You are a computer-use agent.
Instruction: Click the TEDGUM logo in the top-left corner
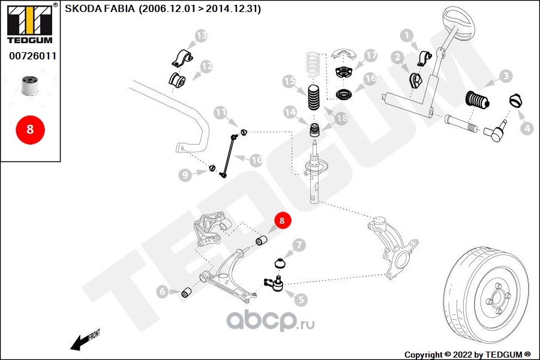click(x=30, y=23)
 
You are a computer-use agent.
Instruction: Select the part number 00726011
click(x=33, y=56)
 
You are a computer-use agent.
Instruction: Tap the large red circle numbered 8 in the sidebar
click(x=30, y=130)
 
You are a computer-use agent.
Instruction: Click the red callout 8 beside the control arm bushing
click(x=283, y=220)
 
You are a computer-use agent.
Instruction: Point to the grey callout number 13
click(x=202, y=35)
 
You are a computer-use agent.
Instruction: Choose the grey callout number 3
click(x=506, y=76)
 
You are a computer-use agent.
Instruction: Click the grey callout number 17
click(x=371, y=55)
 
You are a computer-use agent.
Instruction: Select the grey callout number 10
click(x=256, y=160)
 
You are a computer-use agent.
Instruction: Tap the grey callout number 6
click(x=162, y=292)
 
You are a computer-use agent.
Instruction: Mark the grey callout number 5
click(x=301, y=299)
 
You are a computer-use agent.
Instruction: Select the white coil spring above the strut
click(x=313, y=64)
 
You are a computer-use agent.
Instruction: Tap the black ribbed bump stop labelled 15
click(x=313, y=97)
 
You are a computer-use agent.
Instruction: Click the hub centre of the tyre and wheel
click(x=497, y=296)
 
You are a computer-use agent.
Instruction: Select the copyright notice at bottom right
click(x=467, y=355)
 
